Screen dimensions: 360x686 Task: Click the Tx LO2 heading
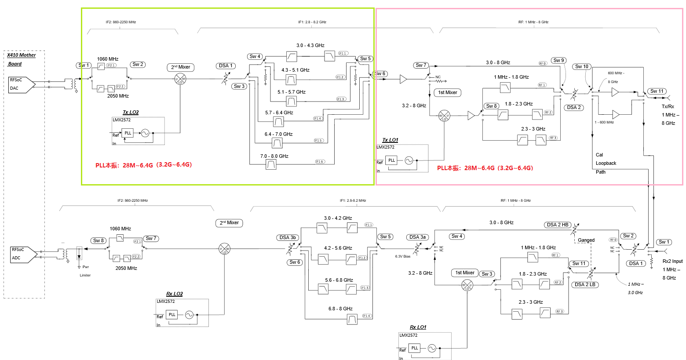click(131, 113)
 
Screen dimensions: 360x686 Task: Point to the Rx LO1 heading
click(418, 327)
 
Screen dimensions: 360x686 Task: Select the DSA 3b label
click(288, 238)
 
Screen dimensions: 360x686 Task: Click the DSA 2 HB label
click(558, 225)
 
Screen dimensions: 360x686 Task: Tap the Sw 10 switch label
click(582, 67)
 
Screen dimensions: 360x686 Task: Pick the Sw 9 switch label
click(559, 61)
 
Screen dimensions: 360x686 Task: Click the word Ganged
click(586, 240)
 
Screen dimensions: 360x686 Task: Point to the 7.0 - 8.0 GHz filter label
click(274, 156)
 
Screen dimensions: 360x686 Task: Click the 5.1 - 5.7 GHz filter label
click(291, 92)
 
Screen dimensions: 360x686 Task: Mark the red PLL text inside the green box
click(143, 166)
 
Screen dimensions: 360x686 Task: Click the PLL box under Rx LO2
click(172, 315)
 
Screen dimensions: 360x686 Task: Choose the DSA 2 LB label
click(585, 285)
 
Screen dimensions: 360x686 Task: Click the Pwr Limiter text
click(85, 271)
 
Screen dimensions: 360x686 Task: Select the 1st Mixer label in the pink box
click(448, 93)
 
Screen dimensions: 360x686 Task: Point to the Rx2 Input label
click(672, 262)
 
